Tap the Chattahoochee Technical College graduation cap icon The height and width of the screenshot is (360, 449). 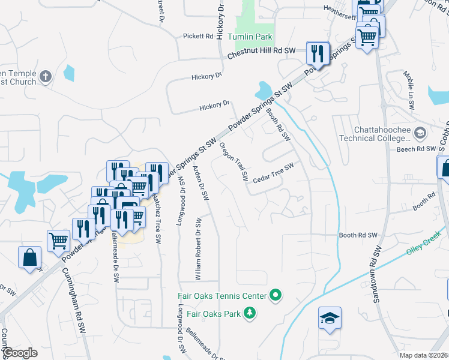(420, 132)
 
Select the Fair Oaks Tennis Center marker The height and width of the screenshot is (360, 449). (276, 295)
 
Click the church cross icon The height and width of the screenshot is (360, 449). (46, 76)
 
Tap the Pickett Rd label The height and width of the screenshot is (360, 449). (199, 37)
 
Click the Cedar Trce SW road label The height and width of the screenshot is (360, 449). (273, 173)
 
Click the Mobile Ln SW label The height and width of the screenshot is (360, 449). (408, 91)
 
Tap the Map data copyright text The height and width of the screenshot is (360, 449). (424, 355)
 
